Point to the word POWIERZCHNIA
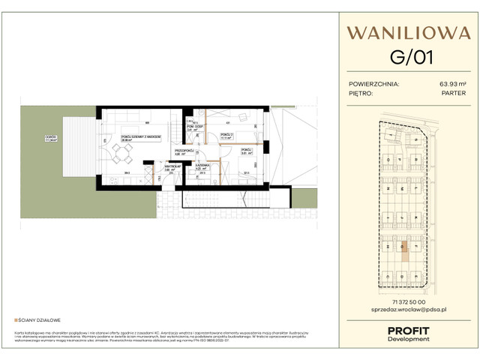point(374,85)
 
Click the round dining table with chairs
point(121,154)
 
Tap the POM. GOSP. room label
point(195,127)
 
